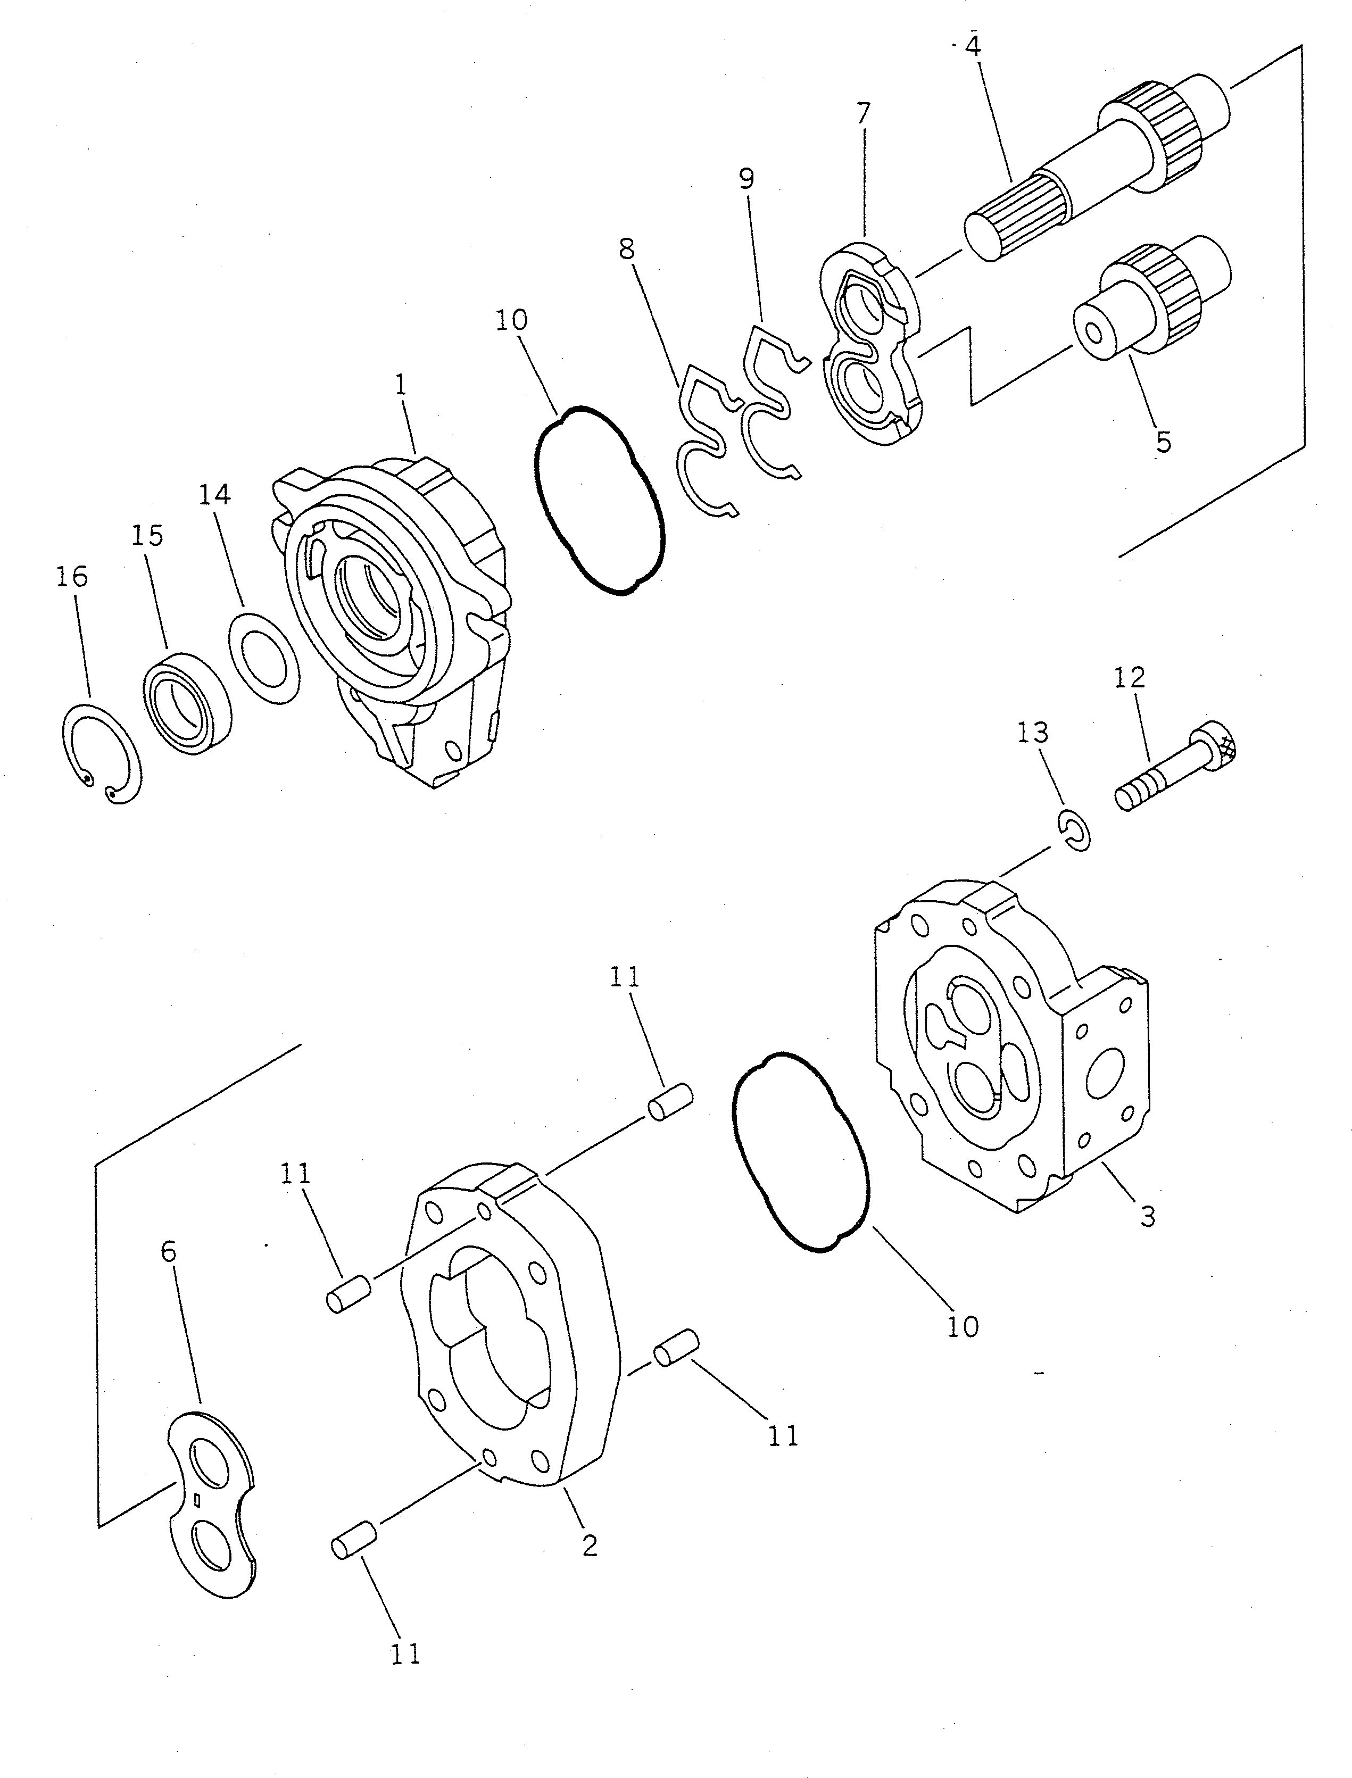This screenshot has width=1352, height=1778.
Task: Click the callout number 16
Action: pyautogui.click(x=72, y=577)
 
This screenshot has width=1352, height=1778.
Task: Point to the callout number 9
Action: pyautogui.click(x=747, y=179)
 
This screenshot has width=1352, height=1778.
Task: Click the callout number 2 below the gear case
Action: pyautogui.click(x=590, y=1544)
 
